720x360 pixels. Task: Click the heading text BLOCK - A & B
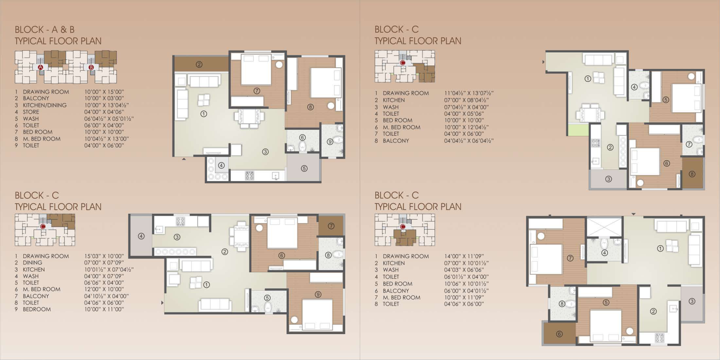tap(45, 30)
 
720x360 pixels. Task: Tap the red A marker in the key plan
tap(40, 67)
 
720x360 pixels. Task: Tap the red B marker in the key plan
tap(91, 67)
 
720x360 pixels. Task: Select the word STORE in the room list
tap(31, 112)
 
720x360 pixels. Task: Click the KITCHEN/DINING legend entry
tap(45, 105)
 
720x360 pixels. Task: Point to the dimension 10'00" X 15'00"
tap(104, 92)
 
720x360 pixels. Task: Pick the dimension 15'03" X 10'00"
tap(104, 256)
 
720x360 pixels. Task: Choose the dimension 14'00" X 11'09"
tap(464, 256)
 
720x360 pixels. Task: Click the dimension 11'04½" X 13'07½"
tap(469, 93)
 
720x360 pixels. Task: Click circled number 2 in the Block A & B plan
tap(199, 64)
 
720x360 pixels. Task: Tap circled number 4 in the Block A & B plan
tap(221, 165)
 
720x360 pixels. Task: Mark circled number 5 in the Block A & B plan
tap(304, 168)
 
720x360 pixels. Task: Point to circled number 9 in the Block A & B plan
tap(330, 142)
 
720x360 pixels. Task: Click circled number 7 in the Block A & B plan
tap(257, 91)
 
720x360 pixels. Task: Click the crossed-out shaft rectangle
tap(605, 227)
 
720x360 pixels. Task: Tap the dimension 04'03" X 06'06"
tap(464, 270)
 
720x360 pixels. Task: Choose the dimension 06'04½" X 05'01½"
tap(109, 119)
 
